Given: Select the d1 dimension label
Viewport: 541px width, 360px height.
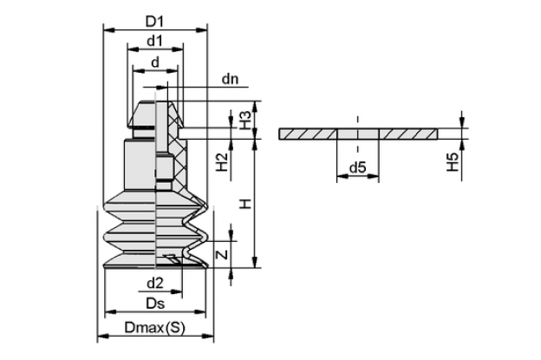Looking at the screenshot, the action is pyautogui.click(x=154, y=41).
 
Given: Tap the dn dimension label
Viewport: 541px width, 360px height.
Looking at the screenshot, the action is pyautogui.click(x=230, y=79).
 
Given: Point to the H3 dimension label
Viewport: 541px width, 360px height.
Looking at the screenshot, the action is pyautogui.click(x=244, y=120).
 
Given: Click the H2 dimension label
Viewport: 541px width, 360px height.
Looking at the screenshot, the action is pyautogui.click(x=222, y=162).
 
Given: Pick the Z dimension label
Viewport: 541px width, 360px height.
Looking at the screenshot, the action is pyautogui.click(x=223, y=255).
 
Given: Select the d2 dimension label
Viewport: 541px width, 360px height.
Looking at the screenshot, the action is pyautogui.click(x=155, y=284).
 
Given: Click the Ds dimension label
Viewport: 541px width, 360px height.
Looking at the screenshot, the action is pyautogui.click(x=155, y=304).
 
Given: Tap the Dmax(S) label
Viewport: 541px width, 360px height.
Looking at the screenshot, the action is pyautogui.click(x=154, y=328).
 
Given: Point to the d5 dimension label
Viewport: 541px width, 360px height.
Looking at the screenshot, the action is pyautogui.click(x=357, y=167).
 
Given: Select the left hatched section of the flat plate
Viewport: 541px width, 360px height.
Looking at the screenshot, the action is pyautogui.click(x=308, y=134).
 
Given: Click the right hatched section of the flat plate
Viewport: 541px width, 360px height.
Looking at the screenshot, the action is pyautogui.click(x=408, y=134).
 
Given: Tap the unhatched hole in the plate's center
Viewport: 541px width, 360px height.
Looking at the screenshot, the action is pyautogui.click(x=358, y=134).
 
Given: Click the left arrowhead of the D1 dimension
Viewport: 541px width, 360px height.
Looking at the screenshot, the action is pyautogui.click(x=108, y=30).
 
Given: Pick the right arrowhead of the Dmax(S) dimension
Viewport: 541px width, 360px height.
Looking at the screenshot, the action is pyautogui.click(x=208, y=336).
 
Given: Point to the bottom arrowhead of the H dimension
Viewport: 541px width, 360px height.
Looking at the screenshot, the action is pyautogui.click(x=255, y=262).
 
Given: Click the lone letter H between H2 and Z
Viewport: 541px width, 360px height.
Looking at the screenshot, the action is pyautogui.click(x=245, y=204).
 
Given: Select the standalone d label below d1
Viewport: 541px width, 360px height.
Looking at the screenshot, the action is pyautogui.click(x=155, y=62).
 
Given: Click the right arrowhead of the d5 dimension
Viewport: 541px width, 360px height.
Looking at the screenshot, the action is pyautogui.click(x=374, y=176).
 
